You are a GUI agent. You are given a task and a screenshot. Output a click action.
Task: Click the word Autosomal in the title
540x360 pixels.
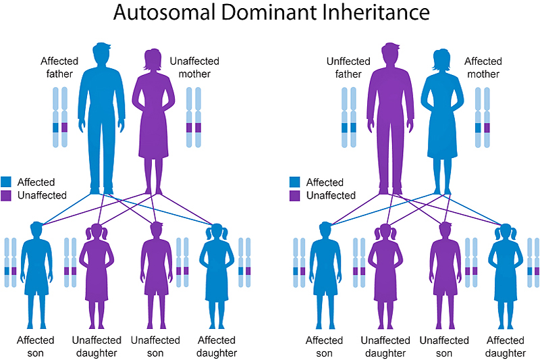click(164, 13)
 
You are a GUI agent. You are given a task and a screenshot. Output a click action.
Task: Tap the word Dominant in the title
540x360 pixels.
click(269, 13)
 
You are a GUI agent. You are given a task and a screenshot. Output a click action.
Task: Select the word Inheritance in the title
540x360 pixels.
click(377, 13)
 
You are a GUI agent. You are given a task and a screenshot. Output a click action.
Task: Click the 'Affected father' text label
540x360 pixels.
click(59, 68)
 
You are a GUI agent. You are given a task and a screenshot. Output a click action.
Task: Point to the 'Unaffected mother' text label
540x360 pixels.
click(194, 68)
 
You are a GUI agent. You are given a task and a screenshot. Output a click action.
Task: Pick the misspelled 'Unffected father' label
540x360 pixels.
click(348, 68)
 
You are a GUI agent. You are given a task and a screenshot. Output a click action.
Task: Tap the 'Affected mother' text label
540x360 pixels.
click(483, 68)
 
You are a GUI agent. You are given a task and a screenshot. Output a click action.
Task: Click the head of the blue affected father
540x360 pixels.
click(102, 53)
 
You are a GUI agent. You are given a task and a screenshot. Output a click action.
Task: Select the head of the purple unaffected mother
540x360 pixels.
click(153, 59)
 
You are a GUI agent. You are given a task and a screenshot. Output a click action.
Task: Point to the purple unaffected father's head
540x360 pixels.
click(391, 53)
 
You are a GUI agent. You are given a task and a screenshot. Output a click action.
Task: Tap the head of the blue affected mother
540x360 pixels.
click(441, 59)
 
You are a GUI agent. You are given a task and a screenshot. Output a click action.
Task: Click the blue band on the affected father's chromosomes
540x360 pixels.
click(56, 128)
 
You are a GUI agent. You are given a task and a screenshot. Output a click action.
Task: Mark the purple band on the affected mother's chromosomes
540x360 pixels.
click(487, 128)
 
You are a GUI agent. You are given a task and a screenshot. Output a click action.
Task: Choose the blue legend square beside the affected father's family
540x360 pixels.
click(6, 182)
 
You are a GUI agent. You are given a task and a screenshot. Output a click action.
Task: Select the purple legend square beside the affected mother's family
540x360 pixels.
click(294, 196)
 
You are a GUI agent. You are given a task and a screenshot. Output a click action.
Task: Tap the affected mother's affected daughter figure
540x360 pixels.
click(505, 276)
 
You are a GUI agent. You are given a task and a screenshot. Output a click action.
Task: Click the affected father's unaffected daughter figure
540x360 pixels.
click(97, 276)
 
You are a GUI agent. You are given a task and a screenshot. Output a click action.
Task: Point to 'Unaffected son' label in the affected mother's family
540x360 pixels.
click(444, 346)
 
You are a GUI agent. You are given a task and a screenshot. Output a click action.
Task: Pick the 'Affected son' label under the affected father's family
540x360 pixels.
click(36, 346)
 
